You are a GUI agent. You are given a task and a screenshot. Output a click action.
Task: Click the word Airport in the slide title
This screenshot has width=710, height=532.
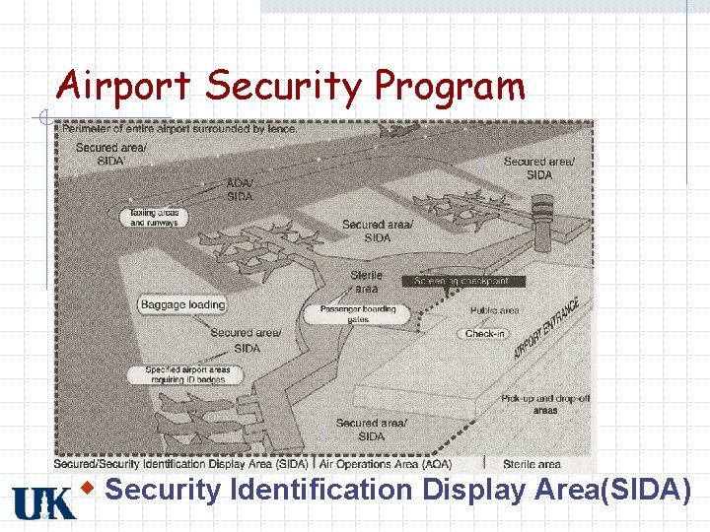[x=122, y=87]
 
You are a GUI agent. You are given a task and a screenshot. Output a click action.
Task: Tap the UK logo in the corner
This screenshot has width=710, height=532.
[x=43, y=502]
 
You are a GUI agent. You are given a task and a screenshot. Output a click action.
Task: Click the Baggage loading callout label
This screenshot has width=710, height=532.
[x=182, y=304]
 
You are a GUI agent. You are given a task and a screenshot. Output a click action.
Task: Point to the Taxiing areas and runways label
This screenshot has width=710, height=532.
[x=155, y=218]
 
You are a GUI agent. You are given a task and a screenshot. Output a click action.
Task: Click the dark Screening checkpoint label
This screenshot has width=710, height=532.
[x=462, y=281]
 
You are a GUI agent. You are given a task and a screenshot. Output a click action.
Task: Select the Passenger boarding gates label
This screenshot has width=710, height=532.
[x=357, y=314]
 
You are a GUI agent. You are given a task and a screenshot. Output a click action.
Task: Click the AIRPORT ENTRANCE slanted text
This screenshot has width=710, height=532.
[x=545, y=329]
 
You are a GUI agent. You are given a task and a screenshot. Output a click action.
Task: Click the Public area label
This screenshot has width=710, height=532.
[x=494, y=310]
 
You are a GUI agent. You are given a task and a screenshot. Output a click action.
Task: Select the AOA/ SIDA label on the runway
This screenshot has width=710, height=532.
[x=240, y=190]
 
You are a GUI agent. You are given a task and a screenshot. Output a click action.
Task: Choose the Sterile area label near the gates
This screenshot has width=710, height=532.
[x=366, y=282]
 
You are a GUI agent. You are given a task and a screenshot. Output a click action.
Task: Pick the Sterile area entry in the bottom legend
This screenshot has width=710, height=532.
[x=532, y=464]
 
